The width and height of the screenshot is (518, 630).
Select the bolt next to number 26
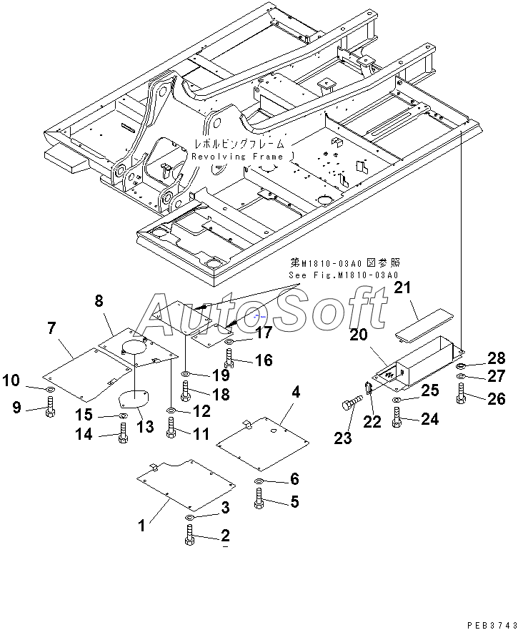coord(461,393)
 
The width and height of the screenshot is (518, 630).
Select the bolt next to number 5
coord(259,498)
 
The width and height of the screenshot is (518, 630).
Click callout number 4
coord(295,392)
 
